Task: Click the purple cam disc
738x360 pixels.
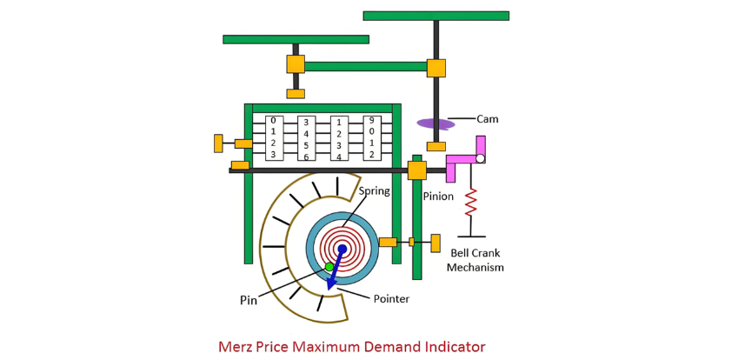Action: point(435,124)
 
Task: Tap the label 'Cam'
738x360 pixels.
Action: point(487,119)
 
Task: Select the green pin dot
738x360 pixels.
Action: point(329,267)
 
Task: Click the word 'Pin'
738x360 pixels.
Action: point(248,300)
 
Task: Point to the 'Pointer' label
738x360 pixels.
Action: point(391,298)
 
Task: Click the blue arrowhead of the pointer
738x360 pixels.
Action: point(332,284)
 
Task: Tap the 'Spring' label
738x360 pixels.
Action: point(374,191)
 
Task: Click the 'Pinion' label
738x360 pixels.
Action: point(438,197)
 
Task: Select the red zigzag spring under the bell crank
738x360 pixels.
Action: point(471,202)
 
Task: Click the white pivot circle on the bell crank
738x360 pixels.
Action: point(480,158)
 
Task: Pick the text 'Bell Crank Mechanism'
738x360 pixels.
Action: point(475,260)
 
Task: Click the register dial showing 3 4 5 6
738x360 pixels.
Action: point(306,138)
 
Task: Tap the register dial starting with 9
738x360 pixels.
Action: point(371,137)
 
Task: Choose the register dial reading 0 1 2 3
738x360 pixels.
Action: point(274,138)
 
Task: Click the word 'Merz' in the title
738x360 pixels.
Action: point(236,347)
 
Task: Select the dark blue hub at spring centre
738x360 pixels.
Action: point(342,249)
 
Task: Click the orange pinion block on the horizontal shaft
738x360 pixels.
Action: point(417,170)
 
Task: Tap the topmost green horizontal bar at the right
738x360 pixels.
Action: point(436,16)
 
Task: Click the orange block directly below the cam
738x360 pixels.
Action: point(436,146)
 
